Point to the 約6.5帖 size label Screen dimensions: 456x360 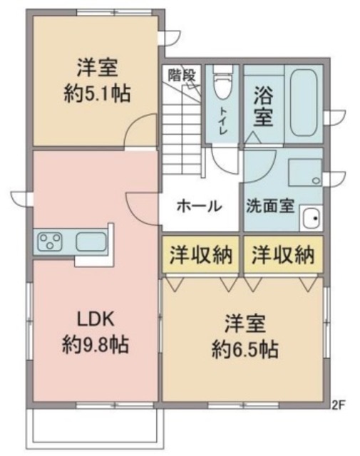[x=244, y=349]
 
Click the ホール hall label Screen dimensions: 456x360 [x=197, y=206]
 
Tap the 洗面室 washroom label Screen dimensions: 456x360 [x=270, y=206]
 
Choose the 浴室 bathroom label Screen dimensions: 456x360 [x=262, y=105]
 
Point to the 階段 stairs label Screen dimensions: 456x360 [x=182, y=73]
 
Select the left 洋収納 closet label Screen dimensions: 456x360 [x=200, y=255]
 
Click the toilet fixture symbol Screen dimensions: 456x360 [x=222, y=84]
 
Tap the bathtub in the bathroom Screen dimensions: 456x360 [x=304, y=104]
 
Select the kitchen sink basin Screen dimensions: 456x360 [x=90, y=242]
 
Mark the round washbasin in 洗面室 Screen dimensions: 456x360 [x=309, y=218]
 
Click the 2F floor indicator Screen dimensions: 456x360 [x=338, y=407]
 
